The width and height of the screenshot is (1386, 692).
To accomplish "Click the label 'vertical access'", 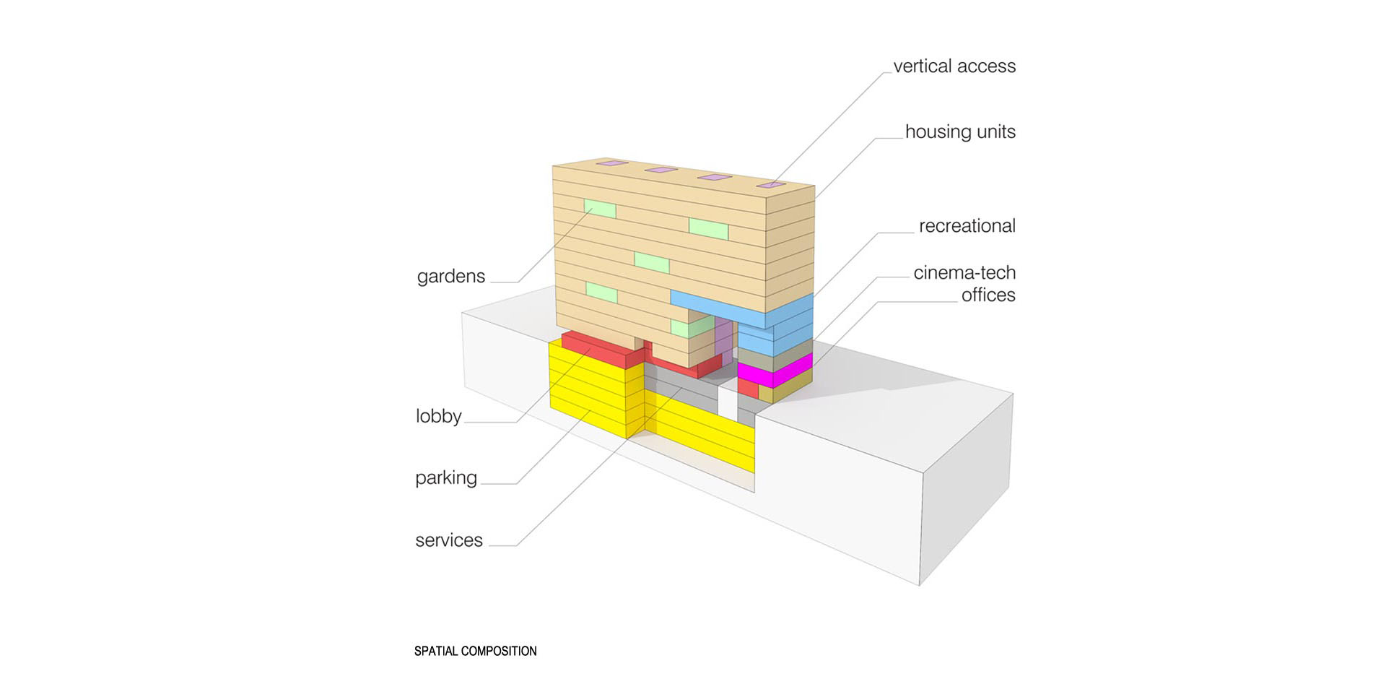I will (x=954, y=66).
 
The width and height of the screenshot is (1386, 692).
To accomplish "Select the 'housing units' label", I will (x=959, y=132).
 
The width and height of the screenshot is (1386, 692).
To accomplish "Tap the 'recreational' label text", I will (x=967, y=226).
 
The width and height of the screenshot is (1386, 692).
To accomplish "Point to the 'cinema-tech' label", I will (x=964, y=273).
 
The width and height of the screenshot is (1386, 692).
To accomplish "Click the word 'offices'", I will (x=988, y=295).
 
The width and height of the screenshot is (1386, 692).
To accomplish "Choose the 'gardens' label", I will (x=450, y=277).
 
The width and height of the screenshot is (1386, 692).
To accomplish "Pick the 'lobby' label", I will (x=438, y=416).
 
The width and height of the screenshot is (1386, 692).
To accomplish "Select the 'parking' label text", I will (x=445, y=478).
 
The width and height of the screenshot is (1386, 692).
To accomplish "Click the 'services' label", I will (x=448, y=540).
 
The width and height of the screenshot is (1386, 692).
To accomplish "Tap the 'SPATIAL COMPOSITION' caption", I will (x=475, y=651).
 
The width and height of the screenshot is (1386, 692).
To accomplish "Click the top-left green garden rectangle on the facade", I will (x=600, y=209).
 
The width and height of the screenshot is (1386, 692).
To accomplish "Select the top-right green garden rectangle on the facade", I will (x=708, y=228).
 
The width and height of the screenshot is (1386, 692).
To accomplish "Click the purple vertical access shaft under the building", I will (x=723, y=339).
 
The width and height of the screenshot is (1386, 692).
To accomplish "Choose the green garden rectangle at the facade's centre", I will (x=652, y=262).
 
